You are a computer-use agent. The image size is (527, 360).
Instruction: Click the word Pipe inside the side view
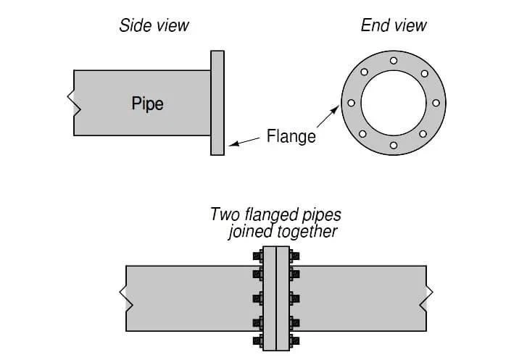[147, 103]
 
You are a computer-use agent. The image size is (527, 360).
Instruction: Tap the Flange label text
[291, 135]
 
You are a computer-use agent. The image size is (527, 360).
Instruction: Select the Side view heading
[154, 26]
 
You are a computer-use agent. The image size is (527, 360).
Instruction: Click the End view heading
[394, 26]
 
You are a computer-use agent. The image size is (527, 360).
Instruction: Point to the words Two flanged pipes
[275, 215]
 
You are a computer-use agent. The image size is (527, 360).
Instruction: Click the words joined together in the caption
[282, 232]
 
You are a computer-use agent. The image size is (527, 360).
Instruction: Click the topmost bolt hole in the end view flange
[394, 60]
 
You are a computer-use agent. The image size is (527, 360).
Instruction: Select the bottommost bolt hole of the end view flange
[394, 145]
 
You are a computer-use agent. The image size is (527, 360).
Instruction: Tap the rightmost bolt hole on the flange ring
[436, 103]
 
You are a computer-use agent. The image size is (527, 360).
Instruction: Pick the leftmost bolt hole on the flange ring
[352, 103]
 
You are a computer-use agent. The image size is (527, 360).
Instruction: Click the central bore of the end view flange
[394, 103]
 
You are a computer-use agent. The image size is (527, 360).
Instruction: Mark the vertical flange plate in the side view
[217, 103]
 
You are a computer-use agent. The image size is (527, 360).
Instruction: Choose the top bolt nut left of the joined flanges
[258, 256]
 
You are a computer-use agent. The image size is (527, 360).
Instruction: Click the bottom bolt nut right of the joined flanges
[296, 340]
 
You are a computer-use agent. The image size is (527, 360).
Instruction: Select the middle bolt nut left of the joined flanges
[258, 298]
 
